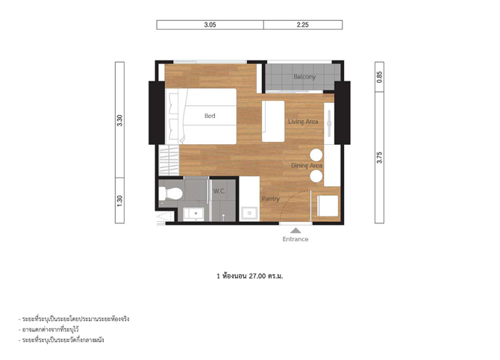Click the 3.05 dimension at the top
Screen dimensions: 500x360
(x=210, y=25)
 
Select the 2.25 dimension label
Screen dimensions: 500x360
(x=303, y=25)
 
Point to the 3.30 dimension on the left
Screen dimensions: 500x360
(x=119, y=120)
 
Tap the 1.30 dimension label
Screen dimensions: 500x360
(x=119, y=201)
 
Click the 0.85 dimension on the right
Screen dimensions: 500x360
(x=379, y=77)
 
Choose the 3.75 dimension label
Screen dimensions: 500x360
(x=379, y=158)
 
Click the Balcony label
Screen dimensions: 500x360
(x=304, y=77)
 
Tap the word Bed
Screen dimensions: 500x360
(x=210, y=116)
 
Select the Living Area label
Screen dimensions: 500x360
(x=303, y=122)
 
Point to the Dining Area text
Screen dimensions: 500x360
(x=307, y=166)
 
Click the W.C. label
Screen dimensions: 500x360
(x=219, y=191)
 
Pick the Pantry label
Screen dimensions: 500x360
(x=271, y=199)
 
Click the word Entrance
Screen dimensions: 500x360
(x=296, y=239)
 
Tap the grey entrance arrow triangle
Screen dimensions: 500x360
(x=296, y=231)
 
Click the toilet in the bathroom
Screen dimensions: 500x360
(x=171, y=193)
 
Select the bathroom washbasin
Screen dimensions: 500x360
(x=193, y=214)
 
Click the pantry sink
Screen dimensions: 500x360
(x=249, y=213)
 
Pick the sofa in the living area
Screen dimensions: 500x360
(x=273, y=121)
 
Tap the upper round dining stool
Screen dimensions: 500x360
(x=316, y=155)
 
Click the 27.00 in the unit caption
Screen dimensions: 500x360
(x=257, y=276)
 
